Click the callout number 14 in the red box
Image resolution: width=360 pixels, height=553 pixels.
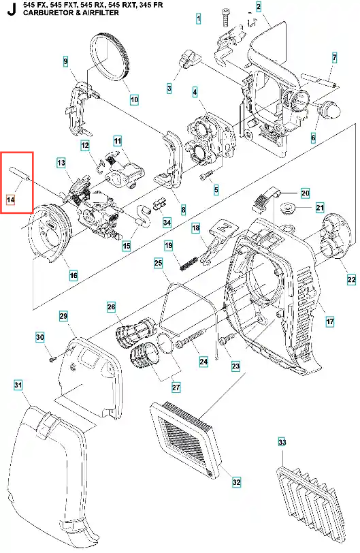11,200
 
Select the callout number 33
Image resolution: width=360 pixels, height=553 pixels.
282,442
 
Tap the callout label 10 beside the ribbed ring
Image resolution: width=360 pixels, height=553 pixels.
134,99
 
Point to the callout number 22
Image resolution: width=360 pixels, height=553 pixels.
351,280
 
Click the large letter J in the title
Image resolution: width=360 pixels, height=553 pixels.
12,10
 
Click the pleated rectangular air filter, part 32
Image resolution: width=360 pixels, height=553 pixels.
186,440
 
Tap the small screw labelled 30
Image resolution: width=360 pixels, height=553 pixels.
52,360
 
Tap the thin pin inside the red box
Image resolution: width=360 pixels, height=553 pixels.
18,174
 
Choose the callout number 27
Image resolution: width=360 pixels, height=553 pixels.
176,388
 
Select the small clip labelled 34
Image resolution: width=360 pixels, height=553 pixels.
159,204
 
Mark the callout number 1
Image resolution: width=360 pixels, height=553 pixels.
199,18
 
